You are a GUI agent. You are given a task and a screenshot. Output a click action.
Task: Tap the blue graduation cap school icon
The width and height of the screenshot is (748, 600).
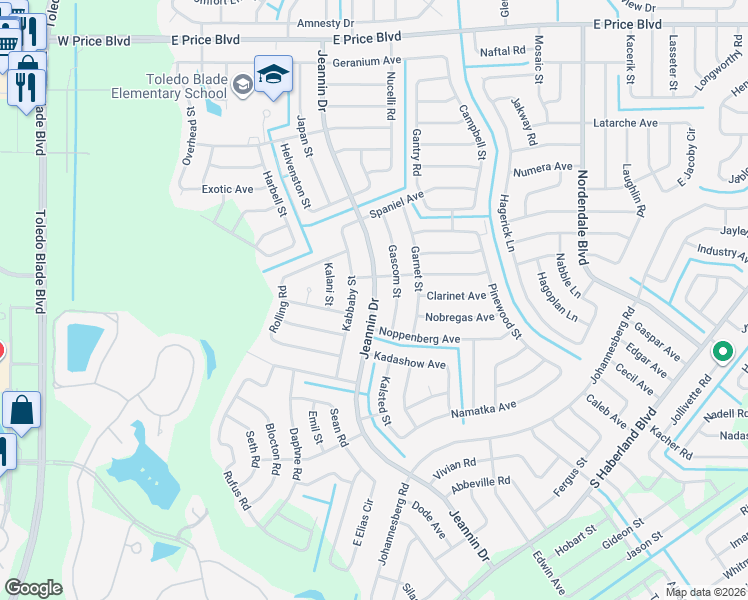[272, 75]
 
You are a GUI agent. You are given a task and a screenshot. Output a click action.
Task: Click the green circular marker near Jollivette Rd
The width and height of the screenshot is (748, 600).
[725, 352]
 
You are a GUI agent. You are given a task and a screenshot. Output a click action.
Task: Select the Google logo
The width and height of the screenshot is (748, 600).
[33, 588]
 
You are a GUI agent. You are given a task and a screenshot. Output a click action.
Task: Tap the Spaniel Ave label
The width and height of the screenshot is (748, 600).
[397, 203]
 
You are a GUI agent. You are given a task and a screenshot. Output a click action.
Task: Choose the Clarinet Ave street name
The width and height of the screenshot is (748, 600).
[456, 296]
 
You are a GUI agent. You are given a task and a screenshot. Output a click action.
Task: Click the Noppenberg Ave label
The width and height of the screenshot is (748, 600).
[419, 339]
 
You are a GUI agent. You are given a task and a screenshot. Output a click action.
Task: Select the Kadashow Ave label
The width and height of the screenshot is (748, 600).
[408, 364]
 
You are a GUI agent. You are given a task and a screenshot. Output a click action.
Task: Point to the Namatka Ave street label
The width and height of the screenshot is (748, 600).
[482, 408]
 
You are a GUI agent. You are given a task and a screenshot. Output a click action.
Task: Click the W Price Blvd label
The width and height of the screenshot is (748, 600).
[94, 41]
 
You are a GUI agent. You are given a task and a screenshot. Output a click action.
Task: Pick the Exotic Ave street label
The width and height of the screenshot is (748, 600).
[227, 188]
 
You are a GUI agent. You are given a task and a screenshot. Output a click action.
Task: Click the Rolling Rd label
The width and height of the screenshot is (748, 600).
[278, 310]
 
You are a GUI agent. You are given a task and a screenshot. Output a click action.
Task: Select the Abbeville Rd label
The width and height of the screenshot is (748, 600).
[481, 481]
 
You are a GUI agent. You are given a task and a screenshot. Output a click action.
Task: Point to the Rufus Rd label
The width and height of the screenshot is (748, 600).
[236, 491]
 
